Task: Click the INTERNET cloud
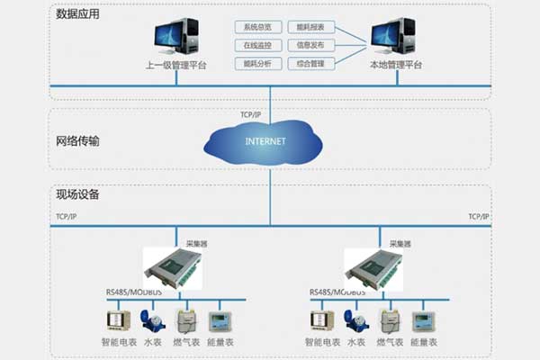tap(265, 142)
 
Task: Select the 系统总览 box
tap(258, 27)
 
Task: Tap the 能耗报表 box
tap(310, 27)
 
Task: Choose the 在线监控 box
tap(258, 45)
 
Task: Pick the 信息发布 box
tap(310, 45)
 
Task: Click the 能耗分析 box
tap(258, 63)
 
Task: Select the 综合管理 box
tap(310, 63)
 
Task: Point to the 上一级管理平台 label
tap(176, 66)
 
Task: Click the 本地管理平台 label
tap(395, 66)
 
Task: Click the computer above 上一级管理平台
tap(176, 34)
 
